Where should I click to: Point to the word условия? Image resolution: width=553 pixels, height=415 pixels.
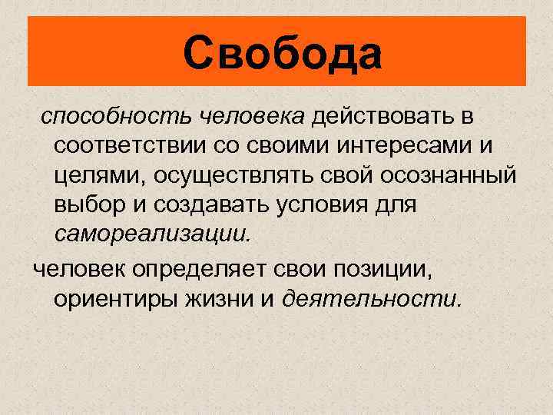[x=327, y=205]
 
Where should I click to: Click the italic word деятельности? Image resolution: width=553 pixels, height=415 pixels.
[x=373, y=299]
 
